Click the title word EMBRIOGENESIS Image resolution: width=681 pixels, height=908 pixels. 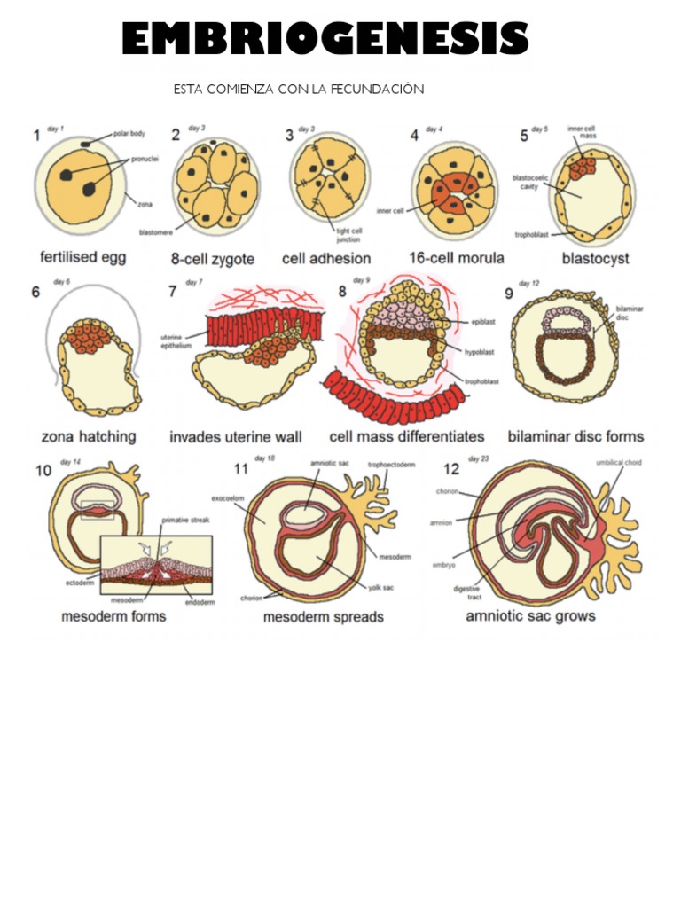[325, 40]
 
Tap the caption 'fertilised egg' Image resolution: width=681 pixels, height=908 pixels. [83, 258]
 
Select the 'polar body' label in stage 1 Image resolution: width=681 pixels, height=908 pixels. [129, 135]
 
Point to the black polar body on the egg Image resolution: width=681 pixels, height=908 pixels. [86, 143]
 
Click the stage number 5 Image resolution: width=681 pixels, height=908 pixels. [524, 136]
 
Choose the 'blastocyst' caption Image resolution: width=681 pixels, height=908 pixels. [595, 259]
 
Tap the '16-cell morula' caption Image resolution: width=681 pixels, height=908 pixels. [456, 258]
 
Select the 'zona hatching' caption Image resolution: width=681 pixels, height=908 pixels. [89, 436]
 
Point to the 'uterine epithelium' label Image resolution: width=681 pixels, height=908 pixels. [176, 341]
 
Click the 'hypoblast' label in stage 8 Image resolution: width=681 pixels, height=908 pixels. [481, 351]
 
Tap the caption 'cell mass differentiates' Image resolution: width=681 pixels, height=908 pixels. [407, 436]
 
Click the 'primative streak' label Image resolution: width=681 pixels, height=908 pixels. [184, 521]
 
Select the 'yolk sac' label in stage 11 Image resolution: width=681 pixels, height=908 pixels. [381, 587]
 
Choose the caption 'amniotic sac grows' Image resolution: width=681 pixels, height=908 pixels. [530, 615]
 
